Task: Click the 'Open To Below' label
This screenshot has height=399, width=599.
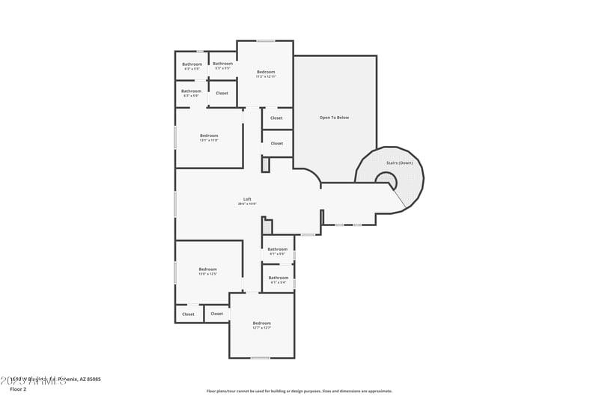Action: point(334,118)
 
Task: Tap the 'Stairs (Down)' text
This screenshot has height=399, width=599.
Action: point(399,162)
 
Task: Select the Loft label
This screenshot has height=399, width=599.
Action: point(247,199)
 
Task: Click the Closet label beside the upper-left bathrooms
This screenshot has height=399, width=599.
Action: point(222,94)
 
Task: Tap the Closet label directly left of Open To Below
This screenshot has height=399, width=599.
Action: point(276,118)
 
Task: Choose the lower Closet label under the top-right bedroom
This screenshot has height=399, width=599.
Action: point(276,144)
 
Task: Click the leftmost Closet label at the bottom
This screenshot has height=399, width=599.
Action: point(188,314)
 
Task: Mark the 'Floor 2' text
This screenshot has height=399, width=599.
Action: point(18,389)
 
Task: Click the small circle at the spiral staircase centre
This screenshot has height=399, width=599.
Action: point(386,179)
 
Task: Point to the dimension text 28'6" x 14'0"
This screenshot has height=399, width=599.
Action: point(247,204)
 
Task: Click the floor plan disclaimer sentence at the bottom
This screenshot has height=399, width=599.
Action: point(299,391)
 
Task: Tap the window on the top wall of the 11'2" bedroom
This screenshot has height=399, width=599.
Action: point(266,40)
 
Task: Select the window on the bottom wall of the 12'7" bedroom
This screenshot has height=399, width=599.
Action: point(260,358)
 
